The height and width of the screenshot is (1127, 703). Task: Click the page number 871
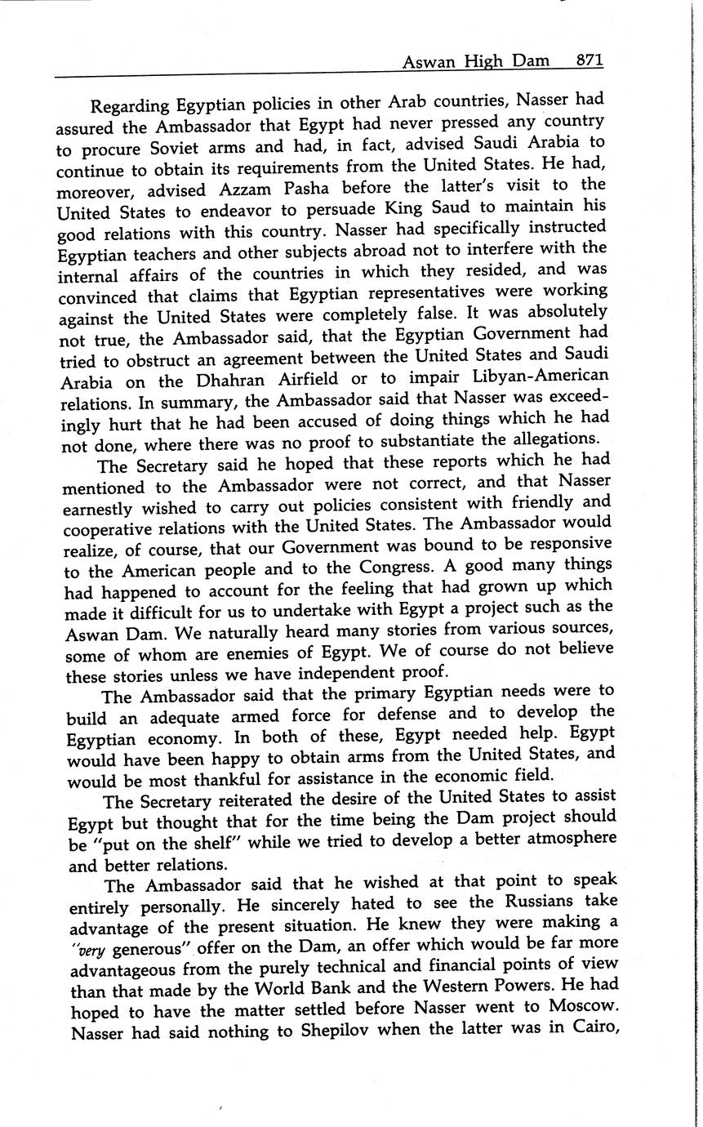click(589, 60)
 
